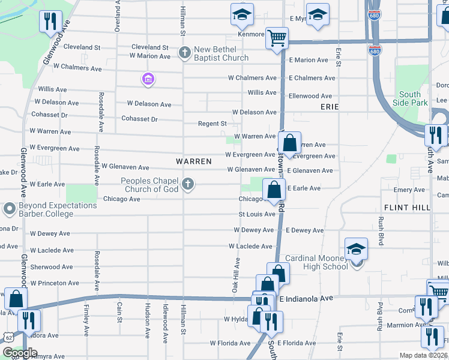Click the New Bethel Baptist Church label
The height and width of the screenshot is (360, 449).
pos(221,53)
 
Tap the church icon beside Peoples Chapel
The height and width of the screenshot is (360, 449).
pos(188,184)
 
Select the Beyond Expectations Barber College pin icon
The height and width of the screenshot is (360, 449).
pos(9,209)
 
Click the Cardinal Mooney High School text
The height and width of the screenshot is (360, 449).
pos(317,262)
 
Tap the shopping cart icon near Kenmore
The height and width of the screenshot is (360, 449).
pos(277,38)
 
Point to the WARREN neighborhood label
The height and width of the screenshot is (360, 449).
pos(193,161)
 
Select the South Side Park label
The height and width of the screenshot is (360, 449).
pos(410,98)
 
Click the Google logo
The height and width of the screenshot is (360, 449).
pos(20,353)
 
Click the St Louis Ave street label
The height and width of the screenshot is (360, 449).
pos(257,214)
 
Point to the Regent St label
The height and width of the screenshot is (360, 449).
pos(212,124)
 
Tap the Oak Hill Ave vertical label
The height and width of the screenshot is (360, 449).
pos(237,275)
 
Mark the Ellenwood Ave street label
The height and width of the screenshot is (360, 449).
pos(310,96)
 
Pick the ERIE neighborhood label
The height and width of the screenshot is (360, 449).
pos(330,107)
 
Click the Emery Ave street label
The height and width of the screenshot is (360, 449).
pos(409,190)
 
